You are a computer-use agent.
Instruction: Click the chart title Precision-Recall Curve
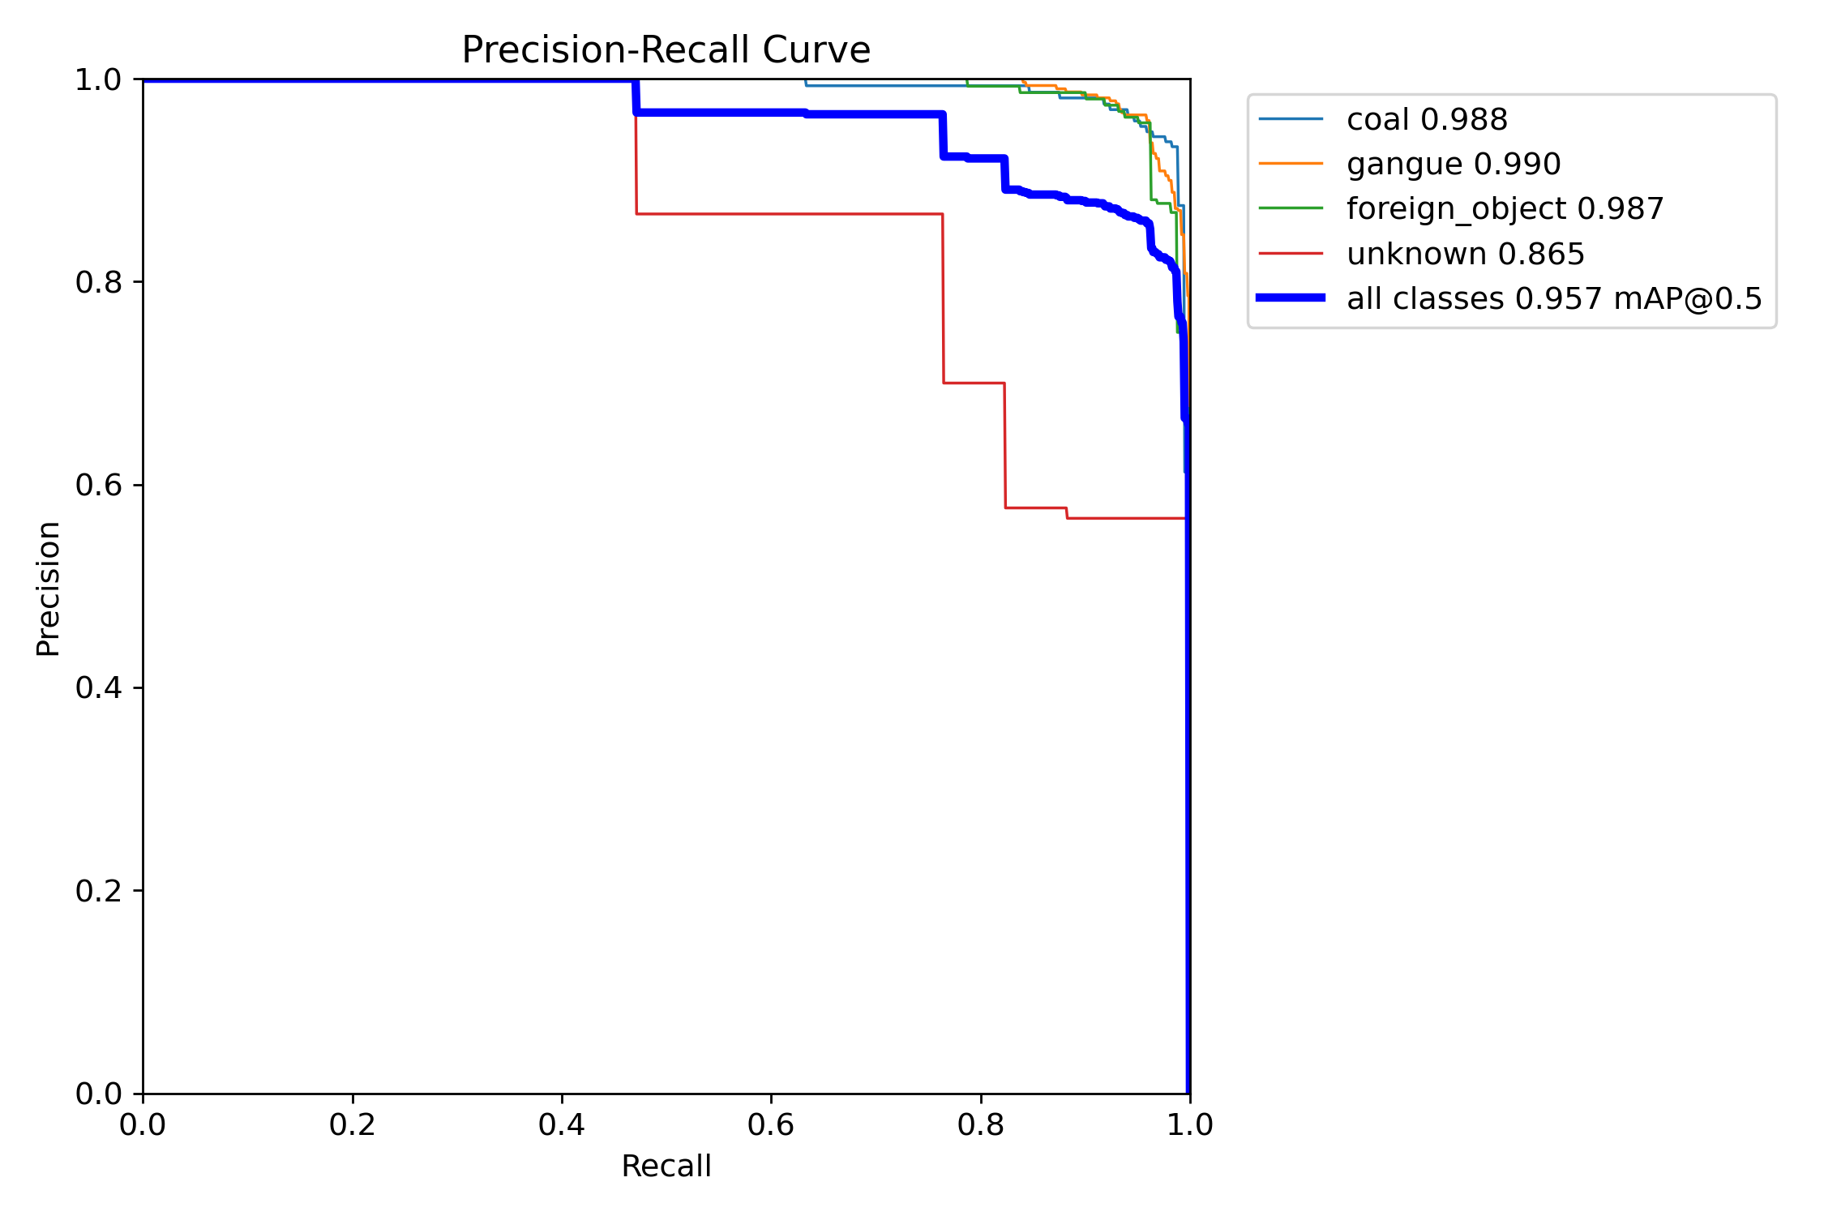(666, 50)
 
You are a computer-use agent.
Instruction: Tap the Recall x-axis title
(666, 1167)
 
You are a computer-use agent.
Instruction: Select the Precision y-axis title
(49, 589)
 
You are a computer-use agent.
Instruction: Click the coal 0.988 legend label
(1427, 120)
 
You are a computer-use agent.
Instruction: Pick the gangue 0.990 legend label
(1454, 165)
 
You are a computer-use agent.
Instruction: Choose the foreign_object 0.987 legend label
(1505, 209)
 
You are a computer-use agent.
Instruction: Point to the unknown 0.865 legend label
(1466, 255)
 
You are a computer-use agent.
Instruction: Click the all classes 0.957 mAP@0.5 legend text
(1554, 299)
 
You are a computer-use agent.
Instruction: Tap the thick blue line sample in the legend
(1291, 298)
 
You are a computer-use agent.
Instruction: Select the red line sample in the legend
(1291, 254)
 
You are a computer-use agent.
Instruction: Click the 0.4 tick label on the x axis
(562, 1125)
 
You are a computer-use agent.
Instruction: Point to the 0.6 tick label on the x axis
(771, 1125)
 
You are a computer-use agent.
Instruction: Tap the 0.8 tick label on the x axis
(980, 1125)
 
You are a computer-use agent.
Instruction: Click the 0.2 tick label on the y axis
(99, 891)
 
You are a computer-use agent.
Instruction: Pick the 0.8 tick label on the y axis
(99, 282)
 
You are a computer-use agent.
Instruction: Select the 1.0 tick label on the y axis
(99, 79)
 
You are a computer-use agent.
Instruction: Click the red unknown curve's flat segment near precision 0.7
(974, 383)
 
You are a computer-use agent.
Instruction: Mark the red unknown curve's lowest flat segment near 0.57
(1127, 518)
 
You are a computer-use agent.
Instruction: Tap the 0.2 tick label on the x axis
(353, 1125)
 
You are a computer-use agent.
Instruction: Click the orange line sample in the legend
(1291, 164)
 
